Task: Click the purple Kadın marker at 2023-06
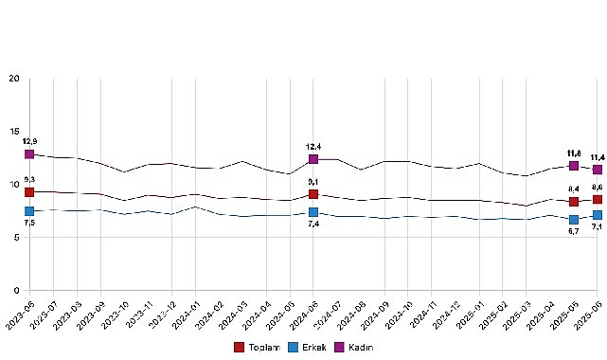pos(29,153)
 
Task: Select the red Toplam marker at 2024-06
pos(313,194)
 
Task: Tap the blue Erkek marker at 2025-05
pos(574,220)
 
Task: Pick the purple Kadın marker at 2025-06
pos(598,170)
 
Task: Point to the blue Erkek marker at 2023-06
pos(29,211)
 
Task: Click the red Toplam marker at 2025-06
pos(598,200)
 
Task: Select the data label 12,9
pos(29,141)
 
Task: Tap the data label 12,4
pos(313,147)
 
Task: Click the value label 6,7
pos(574,232)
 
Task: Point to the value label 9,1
pos(313,182)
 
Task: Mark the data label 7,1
pos(598,227)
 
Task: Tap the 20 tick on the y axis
pos(14,79)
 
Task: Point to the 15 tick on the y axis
pos(14,132)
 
